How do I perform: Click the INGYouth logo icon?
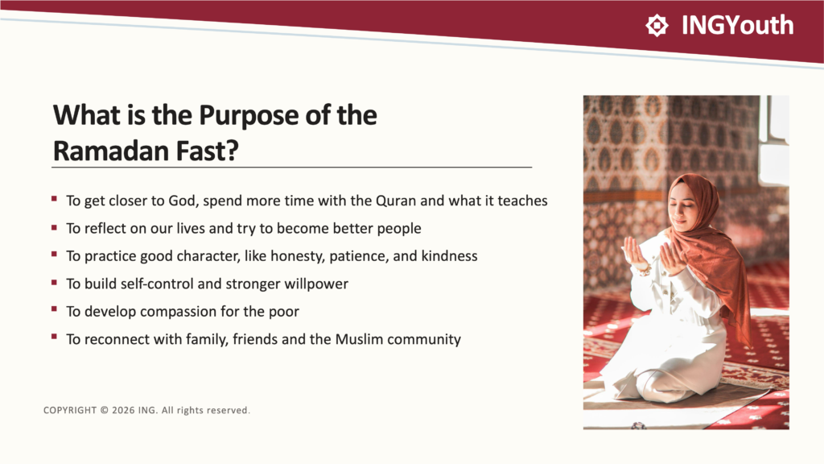pos(657,25)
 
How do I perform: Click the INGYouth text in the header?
pos(737,25)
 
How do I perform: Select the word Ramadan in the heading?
pos(111,151)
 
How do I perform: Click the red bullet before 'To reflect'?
pos(54,227)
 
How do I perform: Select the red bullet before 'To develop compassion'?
pos(54,309)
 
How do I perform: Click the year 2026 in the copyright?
pos(123,410)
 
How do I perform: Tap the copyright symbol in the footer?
pos(104,410)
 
